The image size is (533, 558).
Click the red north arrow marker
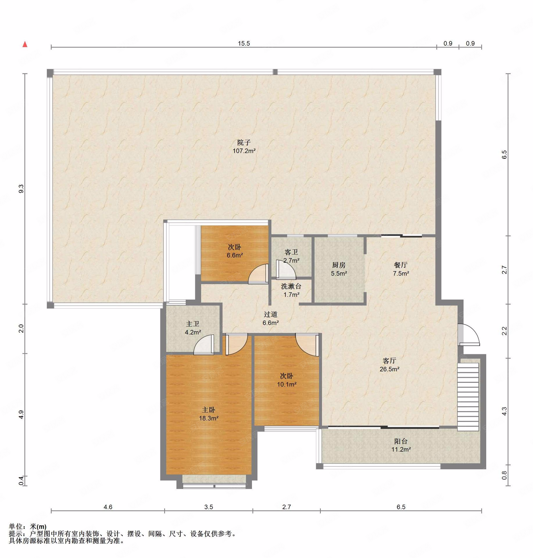[x=25, y=44]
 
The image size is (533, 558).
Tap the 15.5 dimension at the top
[x=244, y=44]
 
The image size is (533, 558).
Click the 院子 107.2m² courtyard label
[x=244, y=147]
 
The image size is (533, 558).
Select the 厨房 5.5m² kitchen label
[x=339, y=269]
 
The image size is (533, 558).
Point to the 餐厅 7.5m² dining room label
[x=401, y=269]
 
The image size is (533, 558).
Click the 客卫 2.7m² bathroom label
[x=291, y=256]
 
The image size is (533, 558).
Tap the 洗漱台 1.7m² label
[x=291, y=290]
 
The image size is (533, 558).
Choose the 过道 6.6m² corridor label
[x=271, y=319]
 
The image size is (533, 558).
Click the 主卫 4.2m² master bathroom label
[x=193, y=328]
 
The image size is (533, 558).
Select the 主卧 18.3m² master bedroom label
[x=209, y=414]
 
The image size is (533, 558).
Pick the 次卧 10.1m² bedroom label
[x=287, y=380]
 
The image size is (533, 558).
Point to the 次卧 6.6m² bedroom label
[x=235, y=251]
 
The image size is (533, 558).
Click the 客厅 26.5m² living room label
[x=389, y=365]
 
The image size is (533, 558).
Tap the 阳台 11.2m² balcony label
[x=401, y=445]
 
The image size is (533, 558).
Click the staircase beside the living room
[x=468, y=397]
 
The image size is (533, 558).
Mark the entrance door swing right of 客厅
[x=468, y=335]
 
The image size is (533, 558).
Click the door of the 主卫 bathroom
[x=204, y=345]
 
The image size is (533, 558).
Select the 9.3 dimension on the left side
[x=21, y=189]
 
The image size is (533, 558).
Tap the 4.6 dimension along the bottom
[x=108, y=507]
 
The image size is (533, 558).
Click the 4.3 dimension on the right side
[x=504, y=411]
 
